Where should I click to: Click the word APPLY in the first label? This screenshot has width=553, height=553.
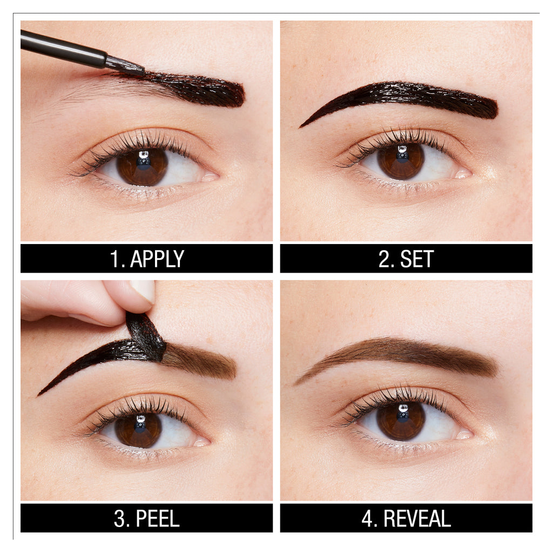(157, 259)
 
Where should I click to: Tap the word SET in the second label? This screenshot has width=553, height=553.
(416, 259)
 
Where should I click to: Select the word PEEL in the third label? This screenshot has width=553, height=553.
(157, 518)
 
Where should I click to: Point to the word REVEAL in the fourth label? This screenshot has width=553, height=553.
(417, 518)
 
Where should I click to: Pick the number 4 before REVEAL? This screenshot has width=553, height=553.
(368, 518)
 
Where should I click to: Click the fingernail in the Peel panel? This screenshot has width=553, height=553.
(143, 291)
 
